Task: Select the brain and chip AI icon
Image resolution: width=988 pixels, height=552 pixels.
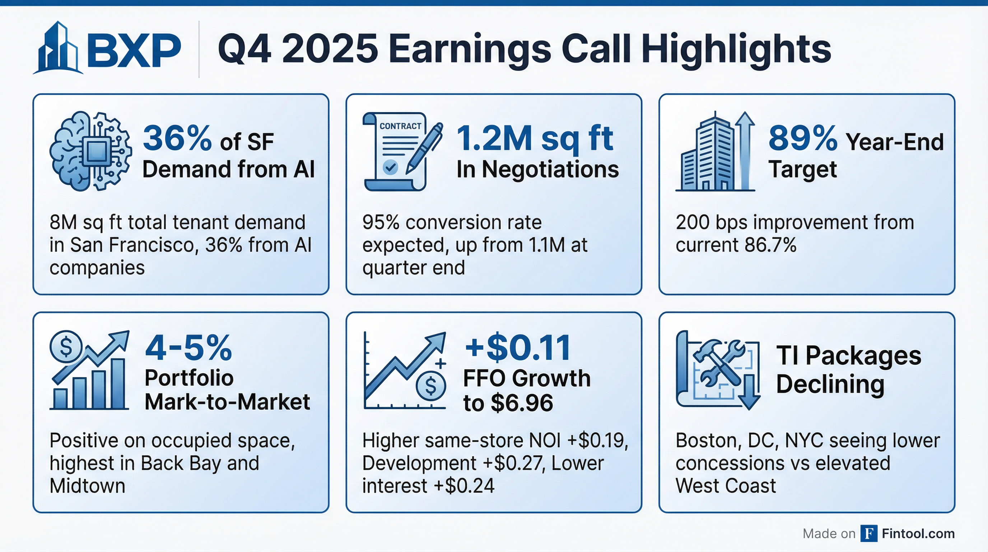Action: coord(91,151)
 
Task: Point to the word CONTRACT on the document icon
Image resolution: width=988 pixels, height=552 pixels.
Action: coord(400,126)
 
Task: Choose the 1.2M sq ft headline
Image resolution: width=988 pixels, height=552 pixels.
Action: coord(535,139)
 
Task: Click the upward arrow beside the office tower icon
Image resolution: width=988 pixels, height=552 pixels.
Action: coord(745,150)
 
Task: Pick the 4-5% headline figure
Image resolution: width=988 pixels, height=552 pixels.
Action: coord(189,348)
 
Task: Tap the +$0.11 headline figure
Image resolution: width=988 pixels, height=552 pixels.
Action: coord(517,348)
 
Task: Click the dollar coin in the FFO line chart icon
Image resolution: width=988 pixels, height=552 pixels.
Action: coord(431,386)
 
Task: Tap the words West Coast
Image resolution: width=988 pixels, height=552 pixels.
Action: coord(726,486)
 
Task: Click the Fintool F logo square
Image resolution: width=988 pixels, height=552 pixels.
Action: coord(869,534)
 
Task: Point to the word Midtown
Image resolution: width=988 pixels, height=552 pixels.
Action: coord(88,486)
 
